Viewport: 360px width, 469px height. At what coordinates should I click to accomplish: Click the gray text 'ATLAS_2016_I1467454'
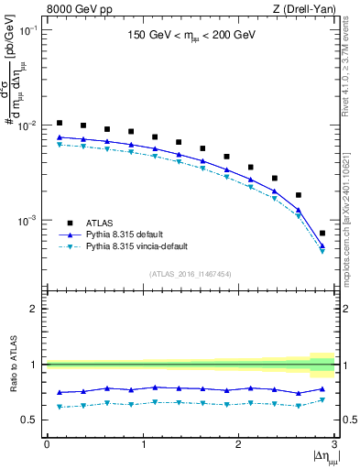190,273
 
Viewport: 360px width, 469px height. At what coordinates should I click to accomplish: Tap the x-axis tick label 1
142,444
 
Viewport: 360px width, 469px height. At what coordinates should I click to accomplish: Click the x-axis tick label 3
334,444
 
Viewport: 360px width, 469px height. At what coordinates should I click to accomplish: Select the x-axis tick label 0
47,444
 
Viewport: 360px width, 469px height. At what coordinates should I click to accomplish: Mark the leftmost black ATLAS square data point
59,123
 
